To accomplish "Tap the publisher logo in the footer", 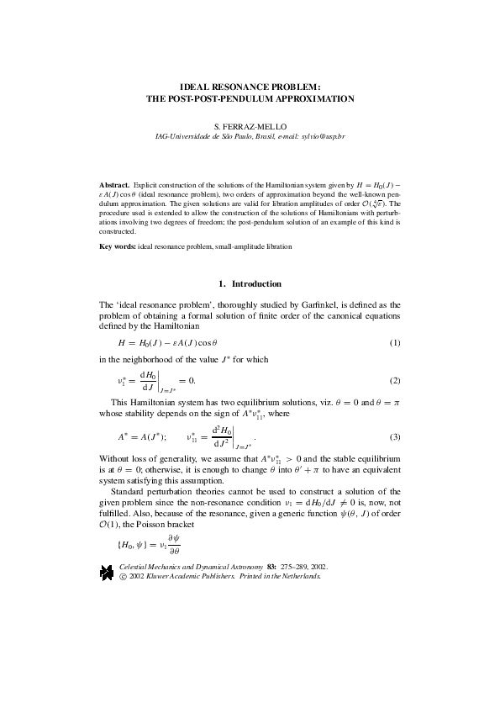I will [x=108, y=573].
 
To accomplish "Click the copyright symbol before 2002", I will [x=124, y=578].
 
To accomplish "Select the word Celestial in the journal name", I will [x=134, y=568].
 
